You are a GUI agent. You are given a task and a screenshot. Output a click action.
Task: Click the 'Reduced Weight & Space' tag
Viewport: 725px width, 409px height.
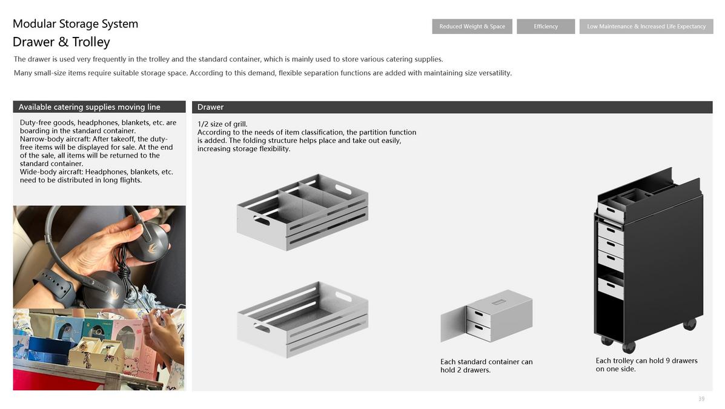472,27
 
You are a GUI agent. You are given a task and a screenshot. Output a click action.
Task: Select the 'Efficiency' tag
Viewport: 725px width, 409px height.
546,27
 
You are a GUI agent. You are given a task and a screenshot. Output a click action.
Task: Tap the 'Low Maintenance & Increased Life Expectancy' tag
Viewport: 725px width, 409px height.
646,27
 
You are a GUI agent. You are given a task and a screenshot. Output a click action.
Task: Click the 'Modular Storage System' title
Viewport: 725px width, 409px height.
75,24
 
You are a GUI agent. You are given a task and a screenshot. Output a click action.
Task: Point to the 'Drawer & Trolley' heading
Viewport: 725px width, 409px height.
62,42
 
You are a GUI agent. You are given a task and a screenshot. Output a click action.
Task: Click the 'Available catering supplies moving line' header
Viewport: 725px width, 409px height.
89,107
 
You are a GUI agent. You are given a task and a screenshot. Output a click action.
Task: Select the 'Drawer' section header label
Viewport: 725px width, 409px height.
210,107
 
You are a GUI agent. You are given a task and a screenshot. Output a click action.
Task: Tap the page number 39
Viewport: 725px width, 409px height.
701,399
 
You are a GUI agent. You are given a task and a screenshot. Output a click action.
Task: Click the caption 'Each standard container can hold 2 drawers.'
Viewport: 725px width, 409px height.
486,365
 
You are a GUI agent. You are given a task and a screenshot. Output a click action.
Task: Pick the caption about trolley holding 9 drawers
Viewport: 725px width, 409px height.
646,365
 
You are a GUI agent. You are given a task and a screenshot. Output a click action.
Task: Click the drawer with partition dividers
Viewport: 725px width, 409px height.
302,212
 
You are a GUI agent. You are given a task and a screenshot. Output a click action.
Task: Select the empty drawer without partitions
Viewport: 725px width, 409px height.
302,319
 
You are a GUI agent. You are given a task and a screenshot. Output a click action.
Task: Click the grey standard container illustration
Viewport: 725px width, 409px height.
486,316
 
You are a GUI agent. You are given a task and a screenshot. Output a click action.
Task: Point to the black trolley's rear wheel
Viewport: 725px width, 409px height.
689,324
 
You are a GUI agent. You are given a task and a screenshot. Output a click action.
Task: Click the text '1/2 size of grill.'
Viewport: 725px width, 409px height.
222,124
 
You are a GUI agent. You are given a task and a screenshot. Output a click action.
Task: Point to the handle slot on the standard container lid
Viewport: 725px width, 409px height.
498,302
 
